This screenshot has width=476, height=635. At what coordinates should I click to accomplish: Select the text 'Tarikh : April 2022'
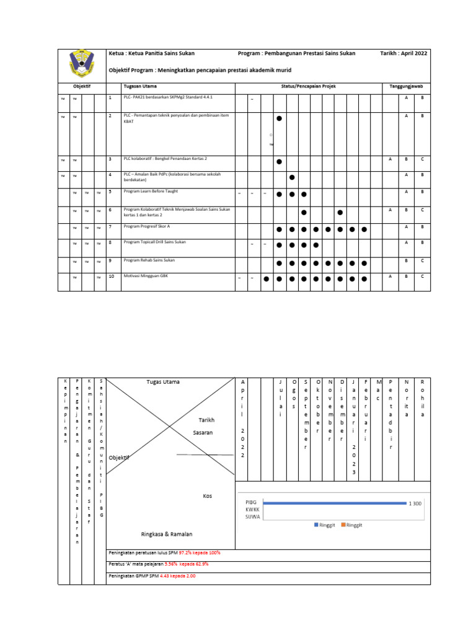pyautogui.click(x=403, y=54)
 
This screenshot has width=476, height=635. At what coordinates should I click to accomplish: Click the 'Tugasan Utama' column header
pyautogui.click(x=140, y=86)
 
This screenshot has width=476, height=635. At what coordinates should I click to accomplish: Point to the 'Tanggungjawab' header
pyautogui.click(x=406, y=86)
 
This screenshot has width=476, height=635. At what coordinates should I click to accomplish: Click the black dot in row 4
pyautogui.click(x=291, y=177)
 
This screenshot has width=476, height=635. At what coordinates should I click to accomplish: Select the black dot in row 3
pyautogui.click(x=279, y=161)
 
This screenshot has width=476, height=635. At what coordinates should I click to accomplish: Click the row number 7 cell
pyautogui.click(x=110, y=227)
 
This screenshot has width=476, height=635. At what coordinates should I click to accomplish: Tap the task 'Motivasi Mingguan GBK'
pyautogui.click(x=146, y=275)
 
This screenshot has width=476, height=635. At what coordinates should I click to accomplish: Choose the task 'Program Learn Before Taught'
pyautogui.click(x=151, y=192)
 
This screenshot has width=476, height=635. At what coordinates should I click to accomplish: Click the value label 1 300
pyautogui.click(x=415, y=504)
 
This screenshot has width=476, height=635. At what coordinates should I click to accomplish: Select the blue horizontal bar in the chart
pyautogui.click(x=335, y=503)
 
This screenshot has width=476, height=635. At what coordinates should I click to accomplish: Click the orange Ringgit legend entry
pyautogui.click(x=351, y=525)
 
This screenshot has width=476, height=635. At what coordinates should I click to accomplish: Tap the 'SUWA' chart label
pyautogui.click(x=252, y=516)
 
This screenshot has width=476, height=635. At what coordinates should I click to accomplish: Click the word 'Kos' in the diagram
pyautogui.click(x=208, y=496)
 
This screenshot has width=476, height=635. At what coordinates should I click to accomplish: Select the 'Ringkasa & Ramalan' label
pyautogui.click(x=166, y=534)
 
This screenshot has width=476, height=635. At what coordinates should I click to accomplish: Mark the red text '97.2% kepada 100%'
pyautogui.click(x=200, y=553)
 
